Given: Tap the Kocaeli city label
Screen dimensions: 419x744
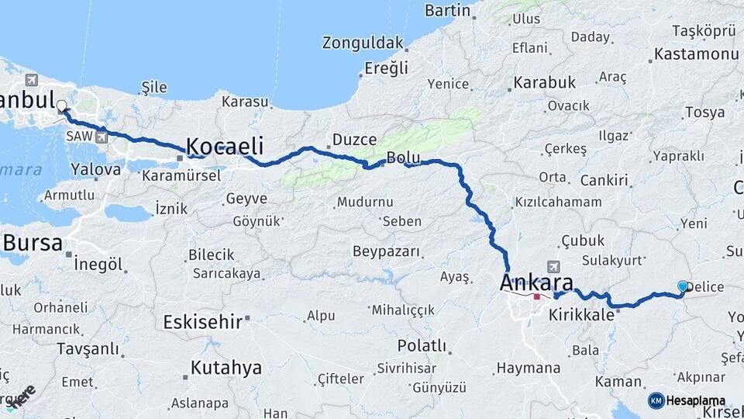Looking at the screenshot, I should coord(225,146).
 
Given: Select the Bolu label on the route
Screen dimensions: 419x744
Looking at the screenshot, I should coord(403,158).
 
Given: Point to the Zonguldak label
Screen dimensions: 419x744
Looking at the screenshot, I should coord(363,43).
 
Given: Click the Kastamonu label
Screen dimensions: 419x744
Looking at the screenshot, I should coord(696,54).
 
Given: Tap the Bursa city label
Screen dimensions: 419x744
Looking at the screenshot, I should coord(33,243).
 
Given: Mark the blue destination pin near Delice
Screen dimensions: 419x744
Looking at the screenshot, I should coord(683,286).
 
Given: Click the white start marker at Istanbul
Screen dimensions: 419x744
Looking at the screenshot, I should coord(61,109).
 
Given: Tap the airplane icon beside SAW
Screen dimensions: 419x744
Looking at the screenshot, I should coord(102,137).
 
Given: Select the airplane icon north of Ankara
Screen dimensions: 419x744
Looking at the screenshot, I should coord(553,265).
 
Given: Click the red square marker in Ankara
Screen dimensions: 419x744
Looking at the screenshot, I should coord(536,296).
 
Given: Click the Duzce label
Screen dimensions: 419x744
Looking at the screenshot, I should coord(354,140).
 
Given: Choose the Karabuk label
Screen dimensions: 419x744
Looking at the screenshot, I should coord(545,81).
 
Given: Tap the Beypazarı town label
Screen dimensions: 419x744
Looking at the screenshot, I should coord(386,251).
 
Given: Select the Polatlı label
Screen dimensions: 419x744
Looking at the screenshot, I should coord(422,345).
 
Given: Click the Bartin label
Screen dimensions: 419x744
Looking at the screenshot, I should coord(448,10).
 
